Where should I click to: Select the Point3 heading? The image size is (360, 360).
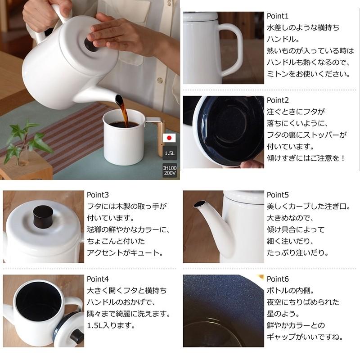[98, 195]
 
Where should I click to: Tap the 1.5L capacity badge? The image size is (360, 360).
[170, 153]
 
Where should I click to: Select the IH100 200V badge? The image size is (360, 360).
[170, 170]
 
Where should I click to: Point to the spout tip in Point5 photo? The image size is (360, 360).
[197, 204]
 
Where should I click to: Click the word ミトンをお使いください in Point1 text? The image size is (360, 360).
[308, 74]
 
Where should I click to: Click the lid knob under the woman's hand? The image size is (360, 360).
[90, 44]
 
